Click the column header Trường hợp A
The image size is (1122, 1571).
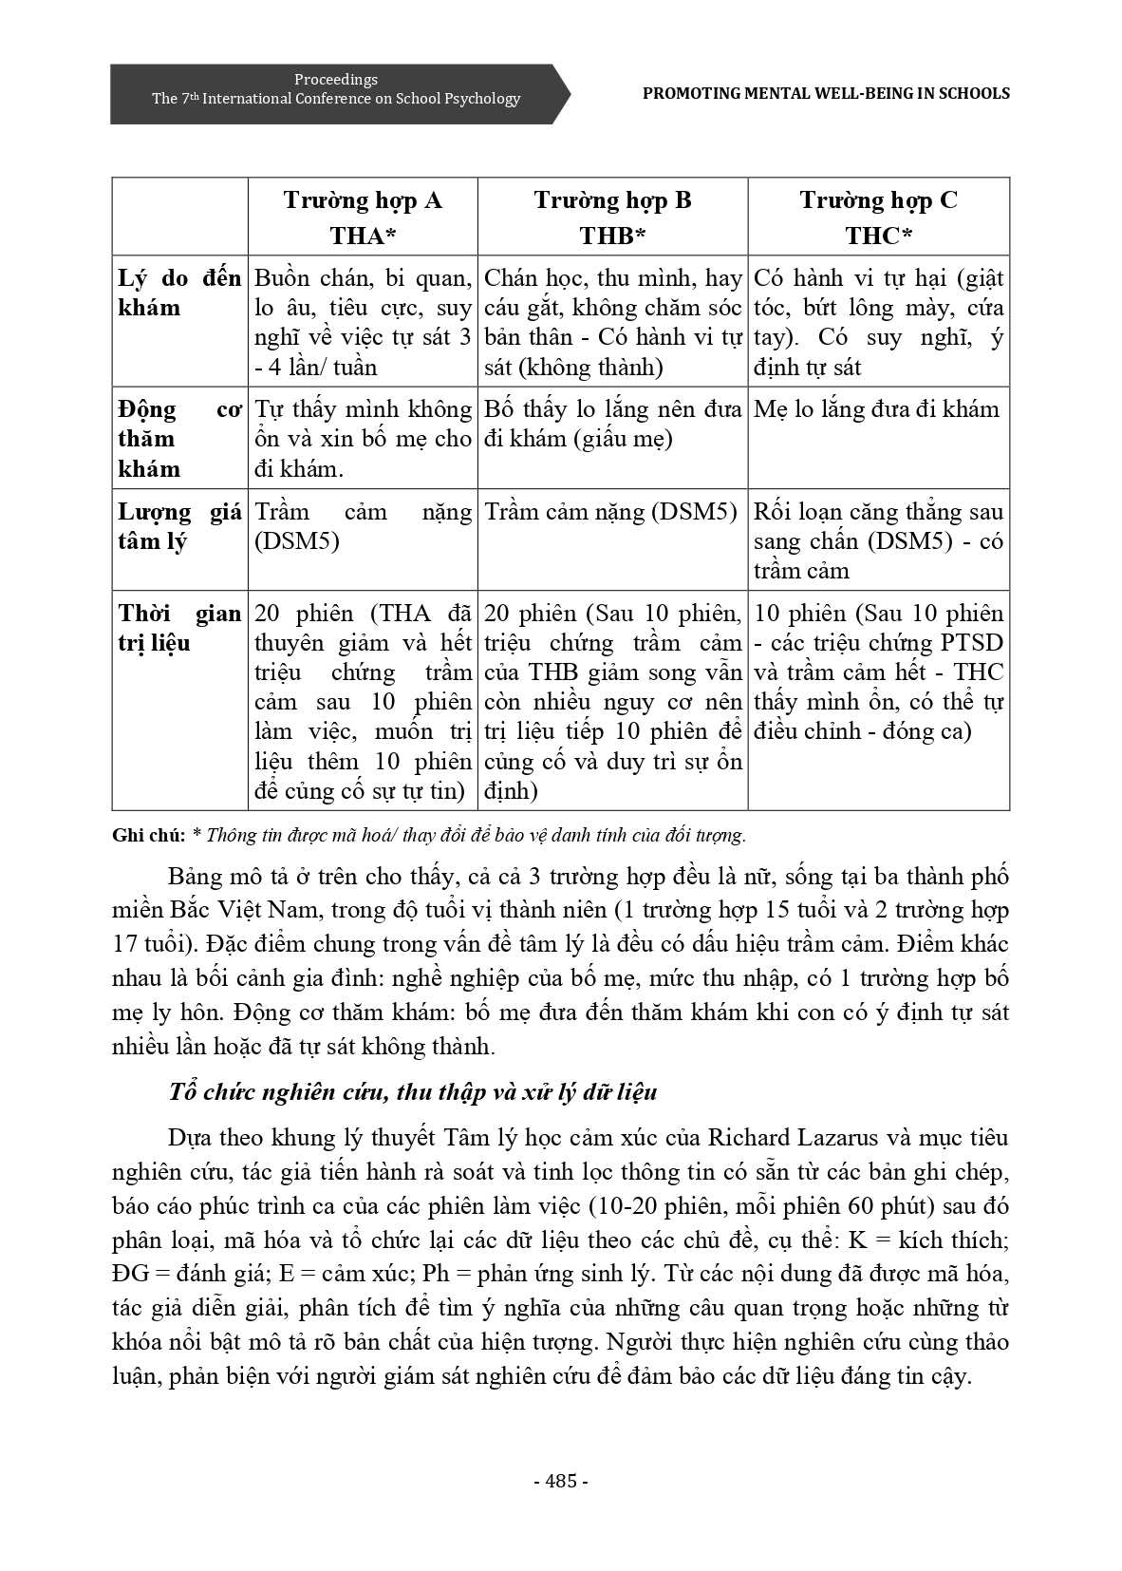[363, 200]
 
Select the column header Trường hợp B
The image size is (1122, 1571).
[612, 200]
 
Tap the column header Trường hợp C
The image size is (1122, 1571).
[878, 200]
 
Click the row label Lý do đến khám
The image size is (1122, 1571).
[179, 293]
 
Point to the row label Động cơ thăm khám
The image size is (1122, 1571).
[179, 439]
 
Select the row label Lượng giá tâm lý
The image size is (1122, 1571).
[179, 526]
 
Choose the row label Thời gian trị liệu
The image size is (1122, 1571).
[179, 628]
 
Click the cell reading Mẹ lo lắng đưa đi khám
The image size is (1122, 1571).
[876, 409]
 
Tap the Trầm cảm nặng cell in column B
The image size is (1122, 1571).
[610, 512]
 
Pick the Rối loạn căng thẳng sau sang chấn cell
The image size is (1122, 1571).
[878, 540]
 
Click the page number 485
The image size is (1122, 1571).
[560, 1481]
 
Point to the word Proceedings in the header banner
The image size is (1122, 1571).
[335, 80]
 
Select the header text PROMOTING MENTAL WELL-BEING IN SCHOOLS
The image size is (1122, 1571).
[826, 93]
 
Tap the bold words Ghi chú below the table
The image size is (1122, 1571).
[147, 836]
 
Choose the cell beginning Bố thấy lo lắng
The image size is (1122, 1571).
[612, 424]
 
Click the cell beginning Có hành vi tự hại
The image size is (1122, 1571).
[878, 322]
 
